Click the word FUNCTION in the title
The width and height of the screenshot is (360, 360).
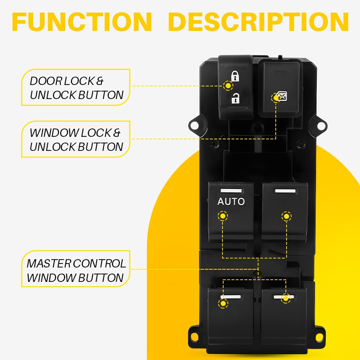(82, 22)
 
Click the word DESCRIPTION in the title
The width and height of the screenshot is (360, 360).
(258, 22)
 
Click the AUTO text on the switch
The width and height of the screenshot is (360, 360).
(231, 202)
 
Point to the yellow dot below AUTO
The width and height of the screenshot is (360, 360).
(223, 216)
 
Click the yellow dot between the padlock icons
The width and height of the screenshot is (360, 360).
(228, 86)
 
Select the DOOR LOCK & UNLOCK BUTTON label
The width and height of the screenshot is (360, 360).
(76, 88)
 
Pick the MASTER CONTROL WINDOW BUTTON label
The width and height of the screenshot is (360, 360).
(76, 270)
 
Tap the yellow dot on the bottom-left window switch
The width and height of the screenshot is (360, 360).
(223, 303)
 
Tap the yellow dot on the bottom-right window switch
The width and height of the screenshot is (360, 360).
(286, 298)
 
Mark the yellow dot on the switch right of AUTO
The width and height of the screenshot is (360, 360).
(286, 216)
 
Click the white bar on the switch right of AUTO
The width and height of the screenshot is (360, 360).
(285, 191)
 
